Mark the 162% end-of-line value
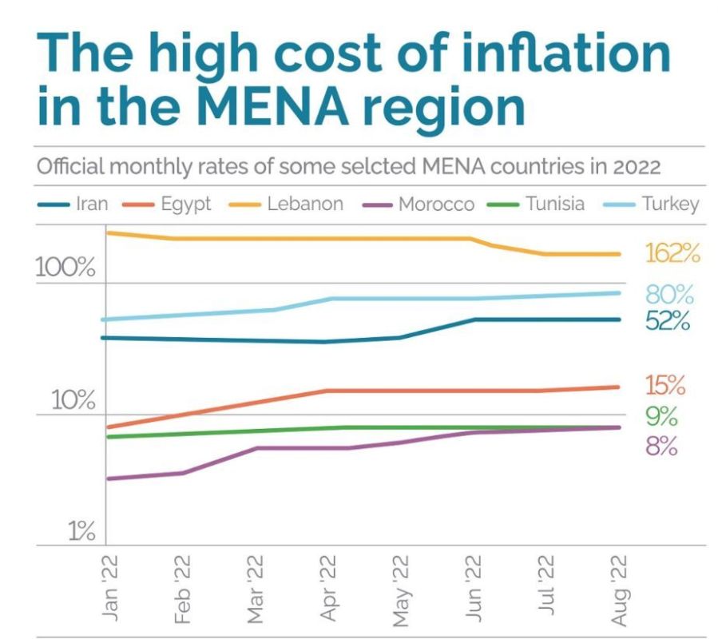[x=672, y=254]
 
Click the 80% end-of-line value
[x=669, y=294]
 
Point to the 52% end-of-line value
[x=667, y=321]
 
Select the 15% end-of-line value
[x=665, y=386]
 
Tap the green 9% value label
[x=661, y=417]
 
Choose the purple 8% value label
[x=661, y=447]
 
